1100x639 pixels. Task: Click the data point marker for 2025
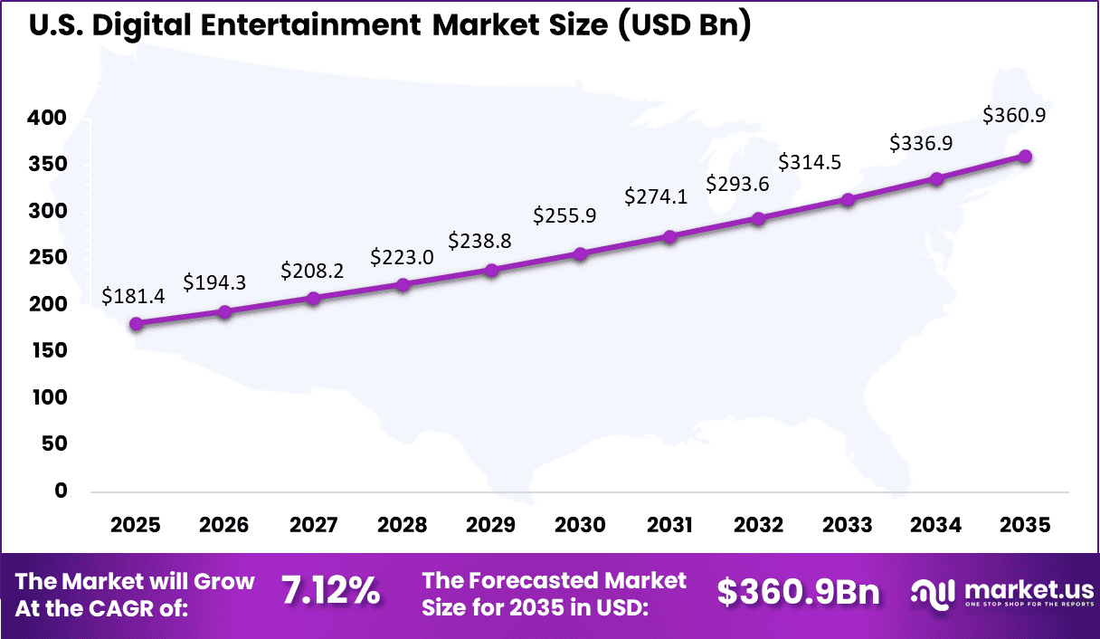tap(136, 324)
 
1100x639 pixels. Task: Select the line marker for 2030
tap(581, 254)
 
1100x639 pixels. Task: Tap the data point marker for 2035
tap(1025, 157)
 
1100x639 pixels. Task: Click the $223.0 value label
tap(402, 257)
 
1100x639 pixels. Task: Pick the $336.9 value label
tap(921, 143)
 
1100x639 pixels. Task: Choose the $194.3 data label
tap(214, 282)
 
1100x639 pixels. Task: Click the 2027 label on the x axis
tap(313, 526)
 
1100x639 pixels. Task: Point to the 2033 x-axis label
tap(848, 526)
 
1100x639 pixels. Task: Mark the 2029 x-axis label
tap(491, 526)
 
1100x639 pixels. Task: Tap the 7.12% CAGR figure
tap(330, 592)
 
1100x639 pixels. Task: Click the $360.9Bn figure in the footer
tap(798, 592)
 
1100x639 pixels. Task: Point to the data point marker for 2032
tap(758, 219)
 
